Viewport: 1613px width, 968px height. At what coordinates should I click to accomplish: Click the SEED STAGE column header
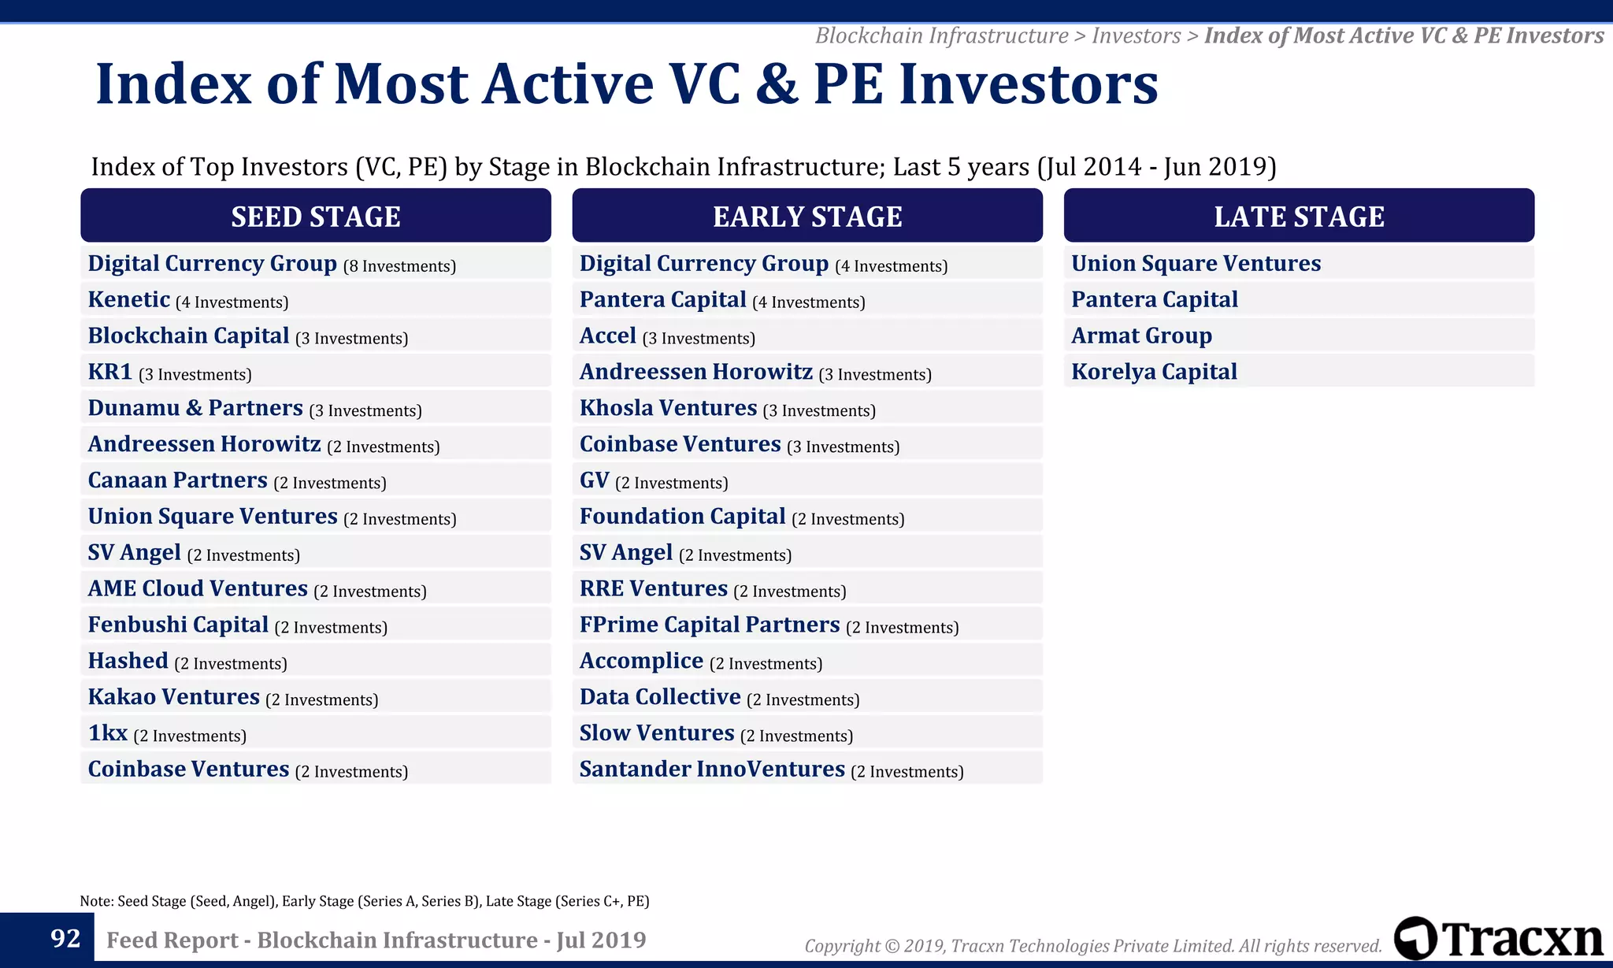tap(315, 216)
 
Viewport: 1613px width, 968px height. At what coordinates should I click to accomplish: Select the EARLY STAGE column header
tap(806, 216)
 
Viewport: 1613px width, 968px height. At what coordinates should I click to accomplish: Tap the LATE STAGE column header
tap(1298, 216)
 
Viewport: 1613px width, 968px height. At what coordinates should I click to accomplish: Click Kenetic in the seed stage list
tap(129, 300)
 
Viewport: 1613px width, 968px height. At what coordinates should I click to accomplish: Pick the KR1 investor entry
tap(110, 372)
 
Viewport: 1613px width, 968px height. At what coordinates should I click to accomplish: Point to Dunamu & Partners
tap(195, 408)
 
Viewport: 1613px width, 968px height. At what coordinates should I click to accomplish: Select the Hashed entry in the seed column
tap(128, 661)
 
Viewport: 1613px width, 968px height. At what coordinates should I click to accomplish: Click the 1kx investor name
tap(108, 733)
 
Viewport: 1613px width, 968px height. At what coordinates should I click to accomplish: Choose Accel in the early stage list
tap(607, 336)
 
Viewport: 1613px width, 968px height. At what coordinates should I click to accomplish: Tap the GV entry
tap(595, 480)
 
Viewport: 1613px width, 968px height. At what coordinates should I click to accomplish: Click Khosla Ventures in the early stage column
tap(668, 408)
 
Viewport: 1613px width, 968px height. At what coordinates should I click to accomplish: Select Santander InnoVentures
tap(712, 770)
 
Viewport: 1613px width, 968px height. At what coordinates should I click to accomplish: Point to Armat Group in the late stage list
tap(1141, 336)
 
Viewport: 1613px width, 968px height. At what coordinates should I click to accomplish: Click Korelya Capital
tap(1154, 372)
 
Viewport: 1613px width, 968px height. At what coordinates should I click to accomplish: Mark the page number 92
tap(65, 938)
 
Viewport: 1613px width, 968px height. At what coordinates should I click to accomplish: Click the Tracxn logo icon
tap(1415, 938)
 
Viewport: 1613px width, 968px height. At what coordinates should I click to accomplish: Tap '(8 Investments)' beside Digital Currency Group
tap(399, 266)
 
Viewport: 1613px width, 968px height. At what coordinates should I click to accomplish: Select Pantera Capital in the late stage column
tap(1154, 300)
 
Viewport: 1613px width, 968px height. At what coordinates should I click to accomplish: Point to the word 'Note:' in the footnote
tap(97, 901)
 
